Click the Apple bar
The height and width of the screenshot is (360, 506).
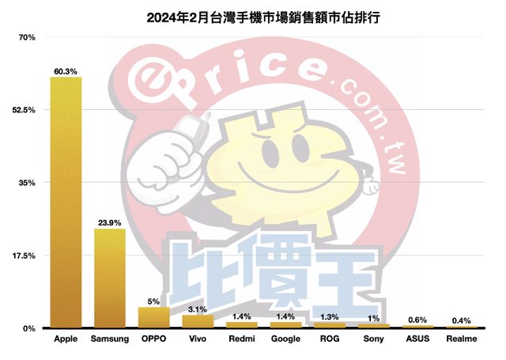point(66,202)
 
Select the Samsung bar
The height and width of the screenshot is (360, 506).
point(109,278)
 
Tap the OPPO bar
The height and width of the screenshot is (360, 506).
point(153,317)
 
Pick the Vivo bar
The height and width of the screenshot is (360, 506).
point(197,321)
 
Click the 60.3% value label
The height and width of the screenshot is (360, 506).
point(66,71)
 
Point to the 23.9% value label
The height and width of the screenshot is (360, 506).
point(109,223)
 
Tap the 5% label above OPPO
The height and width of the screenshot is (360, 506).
point(153,301)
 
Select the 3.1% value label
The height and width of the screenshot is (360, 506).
point(197,309)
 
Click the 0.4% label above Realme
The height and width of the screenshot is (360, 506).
point(460,320)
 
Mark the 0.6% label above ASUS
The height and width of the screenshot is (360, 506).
point(417,320)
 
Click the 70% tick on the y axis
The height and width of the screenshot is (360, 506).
point(28,37)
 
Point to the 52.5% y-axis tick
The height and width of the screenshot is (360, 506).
point(24,110)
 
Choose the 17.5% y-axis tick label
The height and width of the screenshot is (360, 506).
point(24,256)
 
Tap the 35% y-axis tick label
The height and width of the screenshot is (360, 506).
point(28,183)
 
